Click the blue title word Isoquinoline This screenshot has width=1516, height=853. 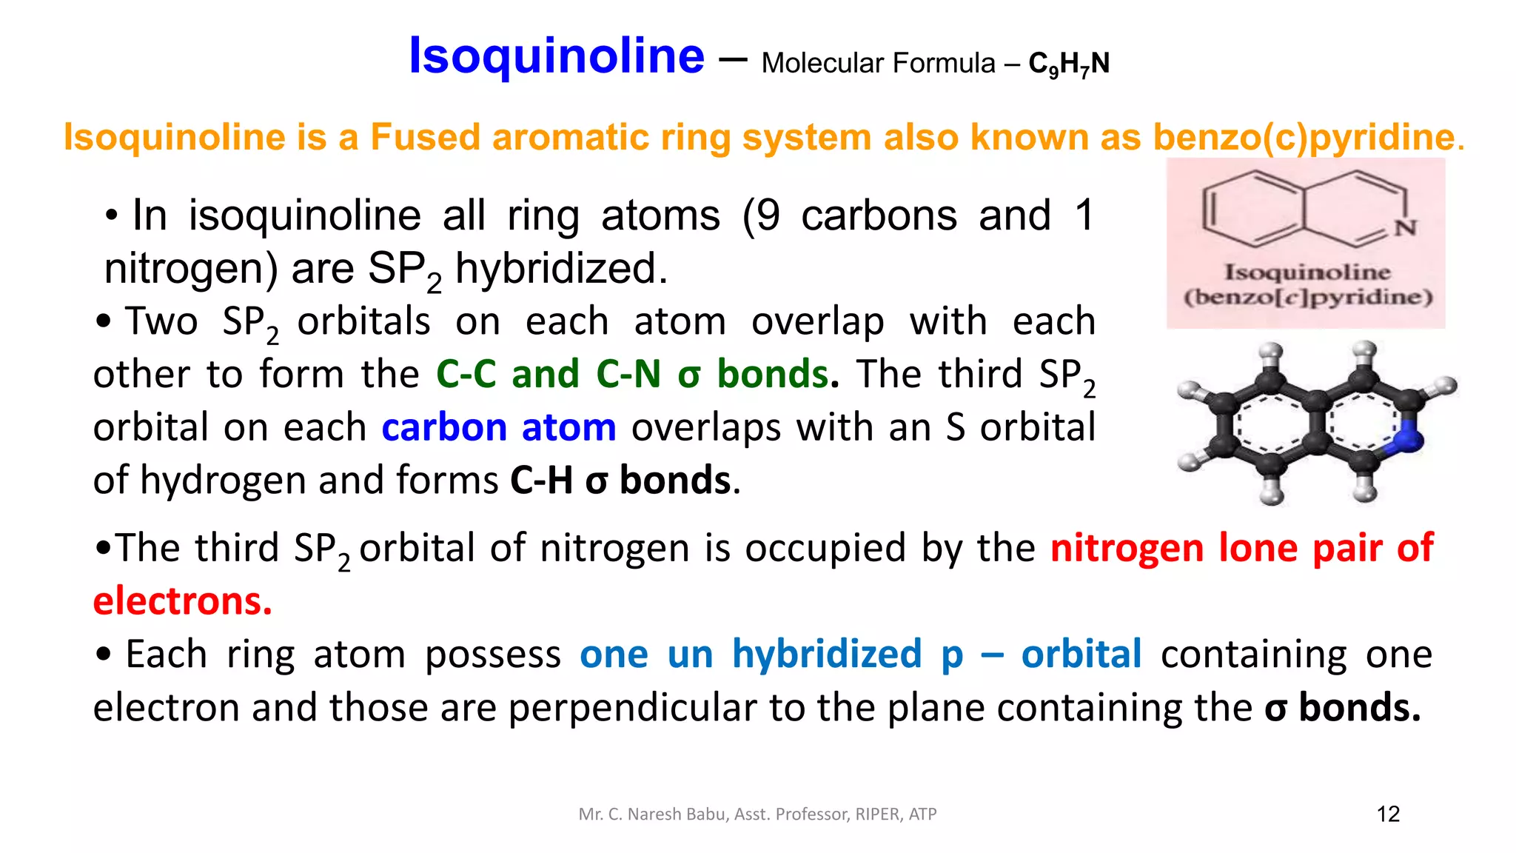[x=556, y=56]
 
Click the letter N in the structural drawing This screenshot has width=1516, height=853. [x=1405, y=228]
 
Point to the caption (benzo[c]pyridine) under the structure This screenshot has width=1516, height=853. [x=1307, y=298]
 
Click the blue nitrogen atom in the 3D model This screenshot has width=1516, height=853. [x=1409, y=438]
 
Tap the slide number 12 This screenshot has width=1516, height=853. [x=1388, y=814]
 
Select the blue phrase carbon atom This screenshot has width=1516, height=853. [x=498, y=428]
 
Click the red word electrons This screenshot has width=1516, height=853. [x=182, y=601]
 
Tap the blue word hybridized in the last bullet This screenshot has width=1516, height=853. [x=827, y=655]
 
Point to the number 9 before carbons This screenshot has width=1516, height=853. [x=768, y=216]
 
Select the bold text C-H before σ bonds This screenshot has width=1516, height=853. [x=541, y=481]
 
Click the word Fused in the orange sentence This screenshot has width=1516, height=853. [x=425, y=138]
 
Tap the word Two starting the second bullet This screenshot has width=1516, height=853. [x=161, y=322]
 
